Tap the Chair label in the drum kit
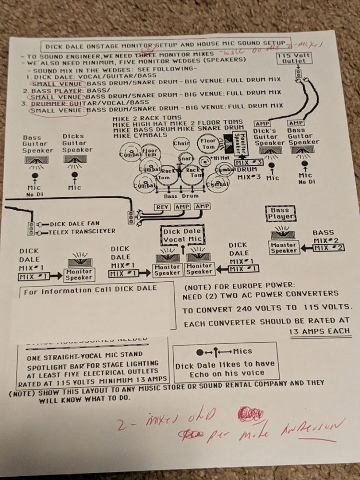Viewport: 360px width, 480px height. [180, 143]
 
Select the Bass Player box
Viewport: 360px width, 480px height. [280, 214]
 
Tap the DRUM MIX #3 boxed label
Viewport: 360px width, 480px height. [248, 163]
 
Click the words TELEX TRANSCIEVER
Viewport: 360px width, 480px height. [82, 232]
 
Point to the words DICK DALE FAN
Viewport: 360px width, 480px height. [75, 224]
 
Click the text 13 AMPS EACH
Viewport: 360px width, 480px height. [319, 331]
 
